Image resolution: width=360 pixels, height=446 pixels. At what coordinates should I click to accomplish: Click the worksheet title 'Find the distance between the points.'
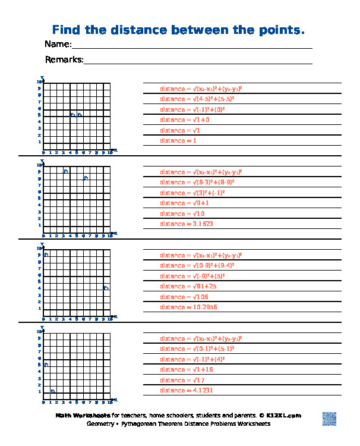tap(179, 30)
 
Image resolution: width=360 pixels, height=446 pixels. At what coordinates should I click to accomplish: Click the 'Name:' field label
tap(58, 45)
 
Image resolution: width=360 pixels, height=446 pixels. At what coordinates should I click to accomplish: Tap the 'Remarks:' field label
tap(64, 59)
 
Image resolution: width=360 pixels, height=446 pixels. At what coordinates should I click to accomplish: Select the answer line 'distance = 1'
tap(178, 140)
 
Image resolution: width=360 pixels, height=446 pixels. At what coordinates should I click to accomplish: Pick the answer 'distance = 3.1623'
tap(186, 224)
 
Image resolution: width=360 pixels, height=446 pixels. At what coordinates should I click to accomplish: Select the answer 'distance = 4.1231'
tap(186, 390)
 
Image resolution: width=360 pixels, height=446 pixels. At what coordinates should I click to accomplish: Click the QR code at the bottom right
tap(329, 419)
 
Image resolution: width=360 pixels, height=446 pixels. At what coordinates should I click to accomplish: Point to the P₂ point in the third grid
tap(106, 288)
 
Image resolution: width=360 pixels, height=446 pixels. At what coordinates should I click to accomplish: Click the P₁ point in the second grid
tap(66, 171)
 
